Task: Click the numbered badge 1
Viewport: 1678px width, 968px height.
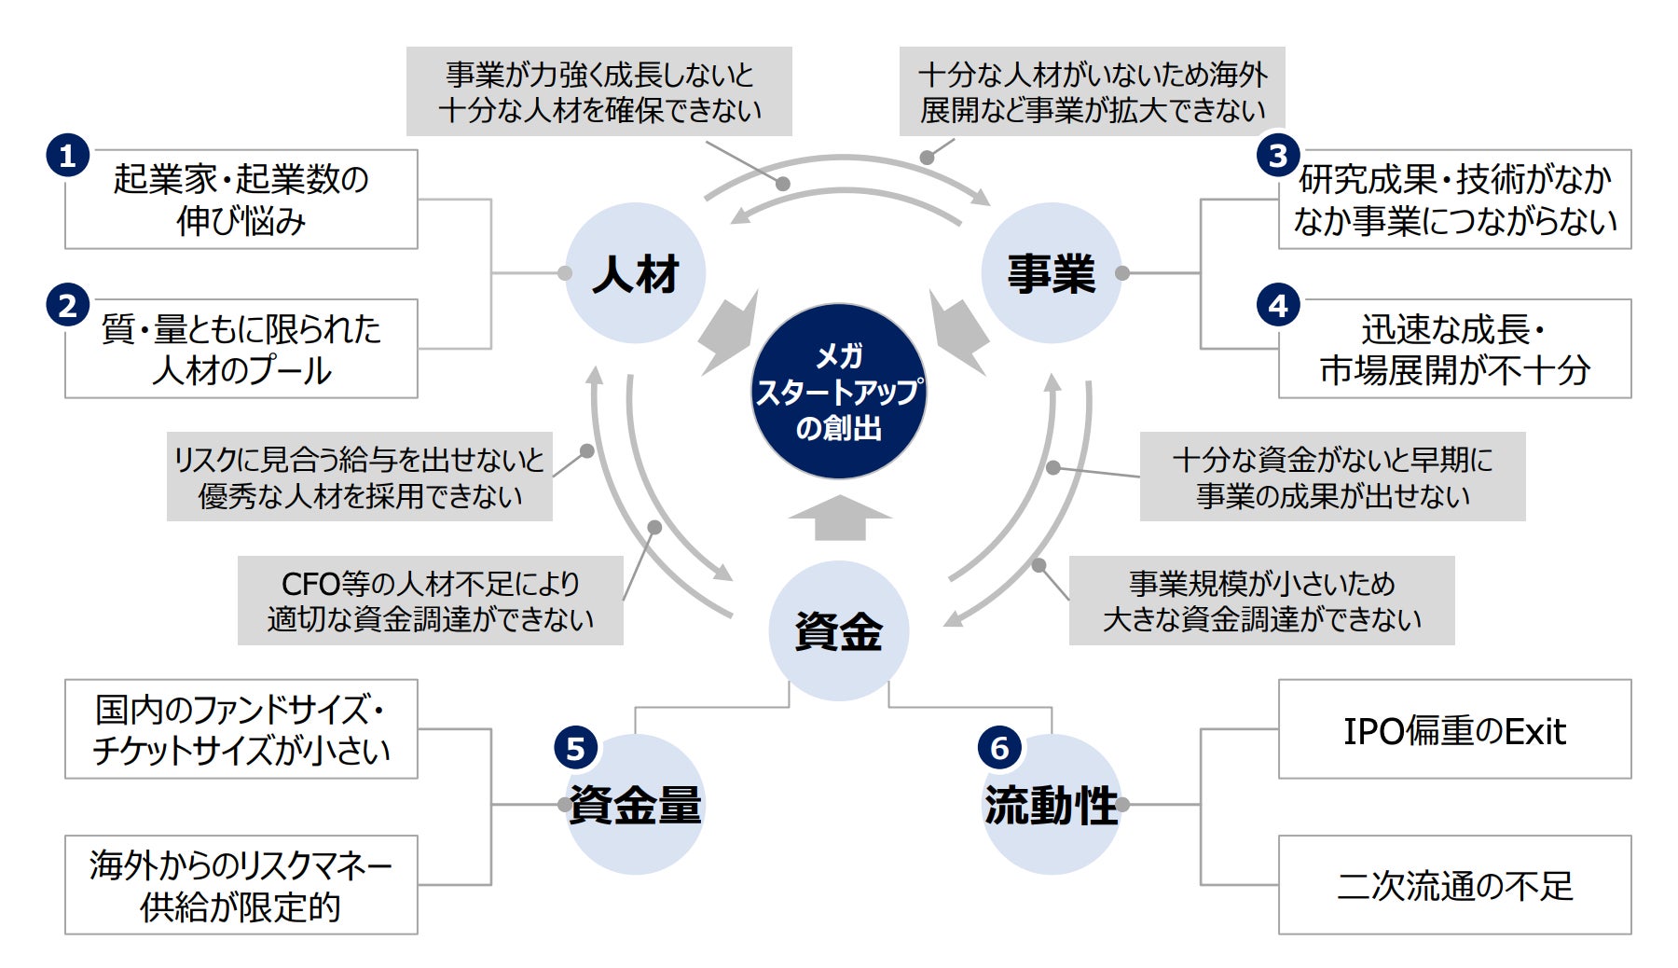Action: [67, 156]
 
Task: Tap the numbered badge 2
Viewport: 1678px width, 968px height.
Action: [67, 306]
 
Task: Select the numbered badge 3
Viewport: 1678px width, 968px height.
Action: [1278, 156]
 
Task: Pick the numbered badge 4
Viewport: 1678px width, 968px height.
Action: [1278, 306]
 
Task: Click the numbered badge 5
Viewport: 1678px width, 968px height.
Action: [575, 748]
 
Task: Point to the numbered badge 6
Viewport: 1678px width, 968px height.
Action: [999, 748]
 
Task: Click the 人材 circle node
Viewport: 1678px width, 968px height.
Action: [636, 273]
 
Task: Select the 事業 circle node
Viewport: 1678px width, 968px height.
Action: [1051, 273]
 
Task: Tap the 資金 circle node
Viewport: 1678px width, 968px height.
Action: [838, 631]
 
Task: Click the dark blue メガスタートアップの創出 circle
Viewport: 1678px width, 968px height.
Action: [838, 392]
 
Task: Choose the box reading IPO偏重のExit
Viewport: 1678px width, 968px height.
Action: [1454, 729]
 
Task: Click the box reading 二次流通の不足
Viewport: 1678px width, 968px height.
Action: [1454, 885]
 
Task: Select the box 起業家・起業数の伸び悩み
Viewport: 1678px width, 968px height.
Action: [241, 200]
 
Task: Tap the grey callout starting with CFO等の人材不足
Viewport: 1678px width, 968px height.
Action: [430, 601]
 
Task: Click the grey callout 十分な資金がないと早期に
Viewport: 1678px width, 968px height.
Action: [1332, 477]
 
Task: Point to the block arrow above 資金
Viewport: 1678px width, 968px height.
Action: [840, 519]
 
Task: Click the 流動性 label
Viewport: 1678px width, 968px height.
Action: [1051, 806]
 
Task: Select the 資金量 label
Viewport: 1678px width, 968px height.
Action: [636, 806]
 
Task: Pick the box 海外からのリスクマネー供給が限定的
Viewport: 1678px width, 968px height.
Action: [241, 885]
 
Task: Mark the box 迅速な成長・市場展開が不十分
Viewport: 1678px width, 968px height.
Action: [1454, 349]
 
